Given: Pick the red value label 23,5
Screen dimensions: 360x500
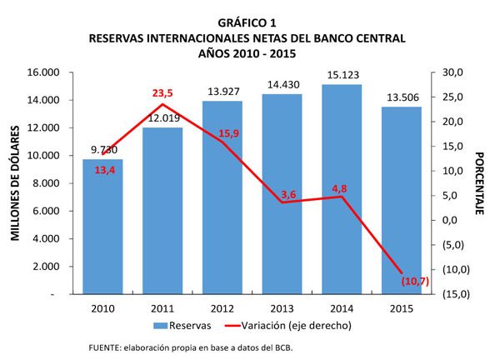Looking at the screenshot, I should tap(163, 94).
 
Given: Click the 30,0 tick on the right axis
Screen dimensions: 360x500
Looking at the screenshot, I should tap(451, 72).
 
